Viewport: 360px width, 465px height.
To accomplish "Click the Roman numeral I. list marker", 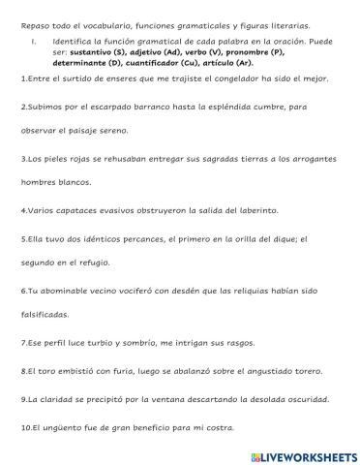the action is click(x=33, y=42).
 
